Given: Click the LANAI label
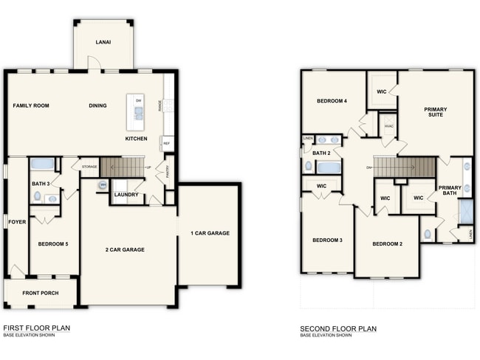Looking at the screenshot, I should (103, 43).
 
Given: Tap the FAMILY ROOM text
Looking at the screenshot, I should (31, 105).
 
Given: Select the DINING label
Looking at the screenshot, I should (97, 105).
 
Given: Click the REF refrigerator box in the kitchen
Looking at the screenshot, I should (167, 143).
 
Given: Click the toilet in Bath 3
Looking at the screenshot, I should (38, 196).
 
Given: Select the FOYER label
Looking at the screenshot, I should (16, 221).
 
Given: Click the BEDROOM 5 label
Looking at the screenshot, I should (53, 243).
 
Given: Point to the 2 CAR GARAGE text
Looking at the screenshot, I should (123, 249).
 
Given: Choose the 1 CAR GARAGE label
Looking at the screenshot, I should (210, 233).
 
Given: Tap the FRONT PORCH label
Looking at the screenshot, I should (40, 293).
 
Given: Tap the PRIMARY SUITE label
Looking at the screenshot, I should (435, 113).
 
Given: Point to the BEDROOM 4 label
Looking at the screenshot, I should (332, 101).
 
